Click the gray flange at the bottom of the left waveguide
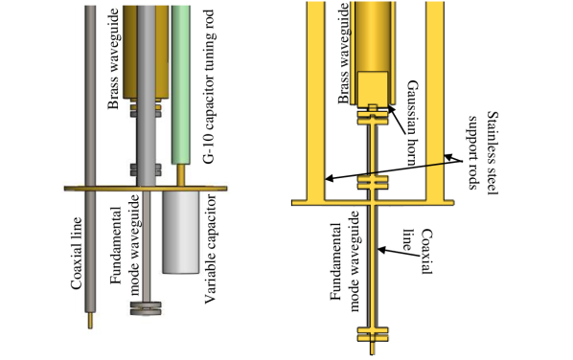147,307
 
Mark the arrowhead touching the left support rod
327,178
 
